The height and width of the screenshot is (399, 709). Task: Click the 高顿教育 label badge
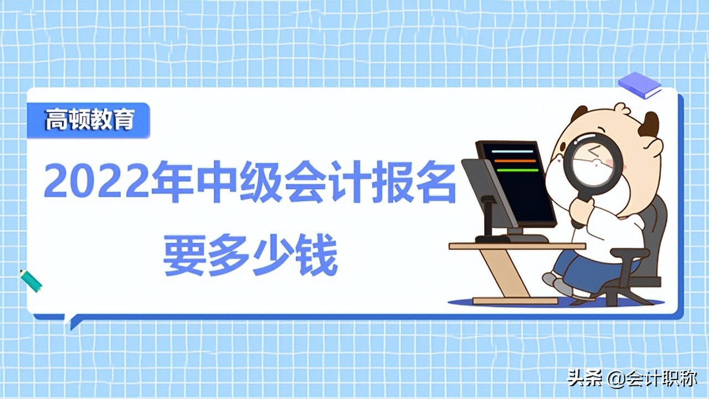pos(89,120)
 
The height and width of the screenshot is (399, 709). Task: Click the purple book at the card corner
pos(639,85)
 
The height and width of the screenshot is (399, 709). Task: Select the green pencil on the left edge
pos(31,280)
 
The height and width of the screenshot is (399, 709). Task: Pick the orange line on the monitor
pos(515,161)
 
